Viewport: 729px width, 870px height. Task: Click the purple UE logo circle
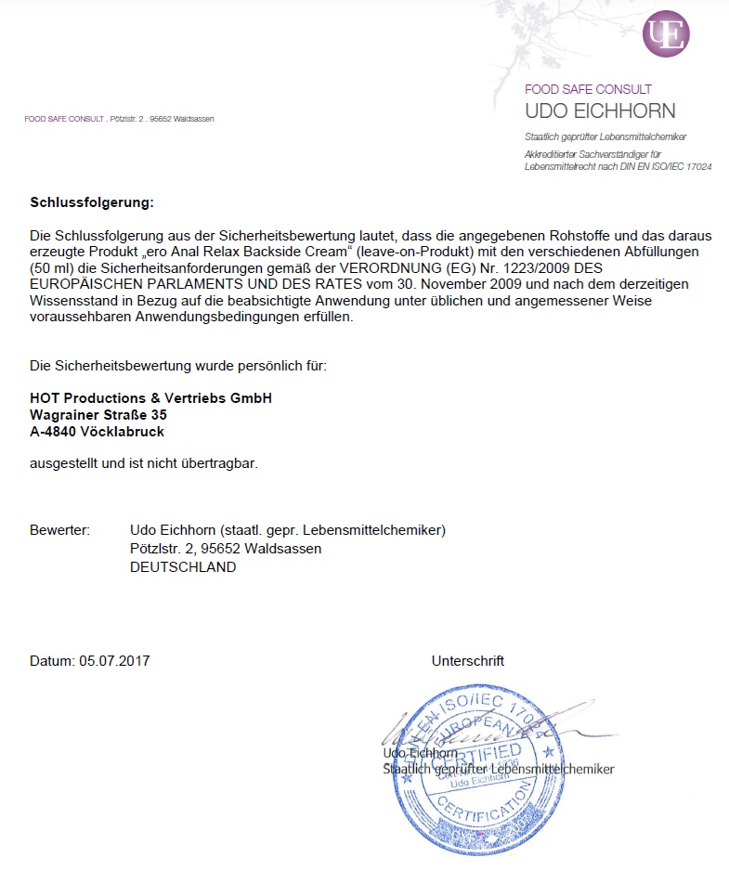(666, 34)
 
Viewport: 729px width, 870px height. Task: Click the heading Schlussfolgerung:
(91, 201)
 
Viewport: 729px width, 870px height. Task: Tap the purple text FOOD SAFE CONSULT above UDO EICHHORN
(588, 90)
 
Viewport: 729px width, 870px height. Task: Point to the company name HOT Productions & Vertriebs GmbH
(150, 398)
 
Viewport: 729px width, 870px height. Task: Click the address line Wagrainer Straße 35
(98, 415)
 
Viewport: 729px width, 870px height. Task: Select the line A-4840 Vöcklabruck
(97, 432)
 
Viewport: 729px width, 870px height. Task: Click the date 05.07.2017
(114, 661)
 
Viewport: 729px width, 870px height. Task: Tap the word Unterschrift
(467, 661)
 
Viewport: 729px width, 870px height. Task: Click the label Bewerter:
(59, 530)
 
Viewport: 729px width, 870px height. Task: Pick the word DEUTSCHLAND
(183, 567)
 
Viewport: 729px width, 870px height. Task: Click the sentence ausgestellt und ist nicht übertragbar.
(144, 463)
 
